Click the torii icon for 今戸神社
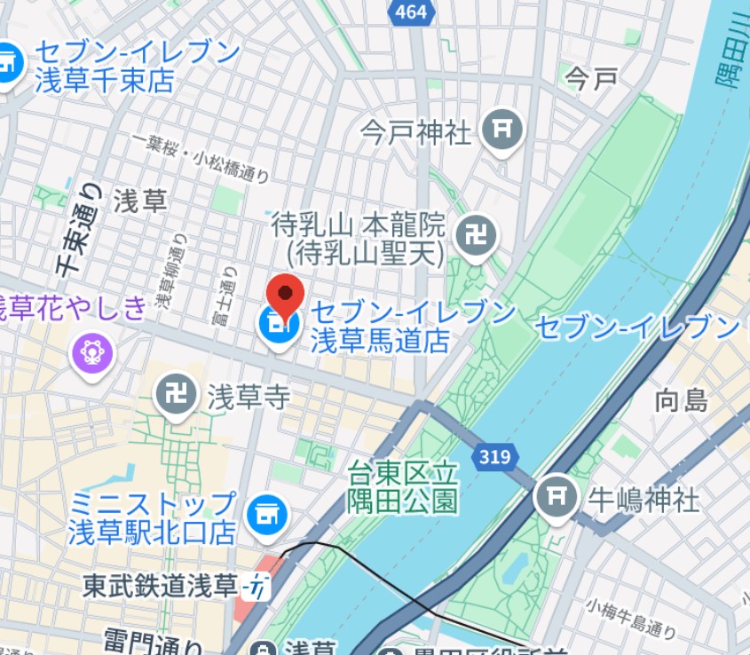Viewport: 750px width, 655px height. [x=502, y=130]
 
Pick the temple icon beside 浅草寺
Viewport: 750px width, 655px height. [x=177, y=395]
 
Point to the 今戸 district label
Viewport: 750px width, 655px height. [x=591, y=79]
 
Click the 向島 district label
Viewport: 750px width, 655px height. [x=682, y=399]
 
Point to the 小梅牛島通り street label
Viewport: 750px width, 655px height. [x=630, y=619]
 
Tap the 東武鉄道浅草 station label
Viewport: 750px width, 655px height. [x=160, y=586]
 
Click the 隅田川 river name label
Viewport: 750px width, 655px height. [x=733, y=62]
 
